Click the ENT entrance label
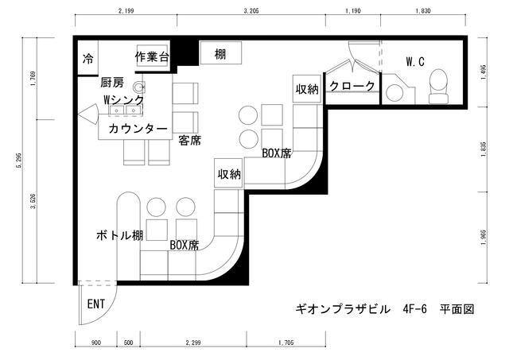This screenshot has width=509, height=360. point(96,304)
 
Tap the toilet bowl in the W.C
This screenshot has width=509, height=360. point(439,86)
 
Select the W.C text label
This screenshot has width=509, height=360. point(415,62)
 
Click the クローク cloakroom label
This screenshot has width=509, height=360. point(352,86)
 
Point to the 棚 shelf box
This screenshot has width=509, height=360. point(221,53)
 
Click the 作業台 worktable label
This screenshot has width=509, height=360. point(152,57)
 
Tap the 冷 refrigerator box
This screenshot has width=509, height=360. point(87,58)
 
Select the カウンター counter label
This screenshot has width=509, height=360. point(138,129)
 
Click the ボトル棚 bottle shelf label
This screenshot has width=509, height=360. point(120,235)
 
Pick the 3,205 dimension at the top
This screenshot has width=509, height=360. point(251,11)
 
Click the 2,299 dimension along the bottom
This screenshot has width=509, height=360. point(193,343)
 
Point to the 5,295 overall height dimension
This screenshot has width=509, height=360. point(19,161)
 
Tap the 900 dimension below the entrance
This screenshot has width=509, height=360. point(95,343)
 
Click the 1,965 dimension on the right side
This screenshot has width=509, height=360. point(484,238)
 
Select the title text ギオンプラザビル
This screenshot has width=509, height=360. point(343,309)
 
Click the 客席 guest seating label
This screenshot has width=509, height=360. point(190,141)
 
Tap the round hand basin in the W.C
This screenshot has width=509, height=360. point(394,93)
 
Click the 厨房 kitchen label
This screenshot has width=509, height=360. point(112,83)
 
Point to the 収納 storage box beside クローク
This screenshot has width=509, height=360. point(307,88)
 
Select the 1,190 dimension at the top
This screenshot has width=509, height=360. point(353,11)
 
